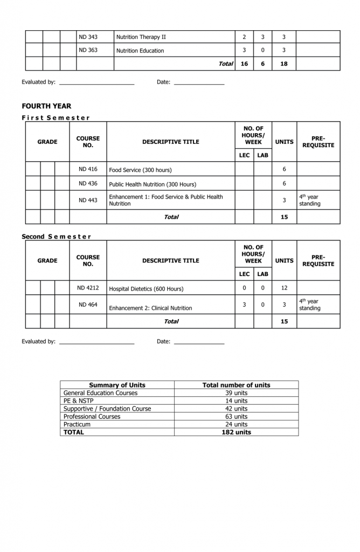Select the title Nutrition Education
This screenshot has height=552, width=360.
[x=140, y=51]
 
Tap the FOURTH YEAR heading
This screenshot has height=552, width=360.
[x=46, y=106]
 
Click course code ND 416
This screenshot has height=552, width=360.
[x=88, y=169]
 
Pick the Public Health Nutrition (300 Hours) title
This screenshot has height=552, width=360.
[x=153, y=184]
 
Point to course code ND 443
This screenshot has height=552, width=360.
[x=88, y=200]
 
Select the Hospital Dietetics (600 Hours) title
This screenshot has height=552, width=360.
[x=146, y=289]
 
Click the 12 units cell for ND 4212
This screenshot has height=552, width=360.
[x=284, y=288]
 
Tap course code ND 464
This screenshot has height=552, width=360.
[x=88, y=305]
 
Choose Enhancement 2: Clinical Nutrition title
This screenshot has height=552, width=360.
[x=150, y=308]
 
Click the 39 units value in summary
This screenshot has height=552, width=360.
[x=236, y=393]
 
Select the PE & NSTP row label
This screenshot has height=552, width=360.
[x=78, y=401]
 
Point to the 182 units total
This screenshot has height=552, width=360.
[x=236, y=432]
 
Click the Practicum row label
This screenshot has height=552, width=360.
[x=77, y=424]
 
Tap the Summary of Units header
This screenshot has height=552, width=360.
[x=117, y=385]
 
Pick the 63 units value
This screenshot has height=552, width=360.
[x=236, y=417]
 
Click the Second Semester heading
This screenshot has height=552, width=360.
[x=57, y=237]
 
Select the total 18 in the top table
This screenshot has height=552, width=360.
[x=284, y=64]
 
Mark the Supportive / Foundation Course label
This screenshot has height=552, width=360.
[x=107, y=409]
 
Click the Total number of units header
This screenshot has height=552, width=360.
[x=236, y=385]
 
